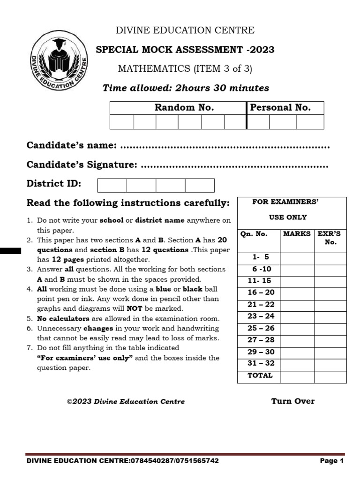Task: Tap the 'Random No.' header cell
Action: [x=178, y=108]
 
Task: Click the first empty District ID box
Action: [x=112, y=185]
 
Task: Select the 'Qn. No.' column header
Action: [x=254, y=233]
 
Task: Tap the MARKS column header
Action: [x=297, y=233]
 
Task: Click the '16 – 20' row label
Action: [x=261, y=292]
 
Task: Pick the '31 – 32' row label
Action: [x=261, y=363]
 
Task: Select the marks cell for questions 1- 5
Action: [x=297, y=257]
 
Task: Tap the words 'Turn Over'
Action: [x=292, y=401]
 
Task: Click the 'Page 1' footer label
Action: [x=332, y=461]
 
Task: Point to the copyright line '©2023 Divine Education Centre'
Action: [x=126, y=401]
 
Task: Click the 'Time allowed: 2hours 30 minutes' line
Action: [x=186, y=88]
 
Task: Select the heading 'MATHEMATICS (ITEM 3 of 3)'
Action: [x=185, y=69]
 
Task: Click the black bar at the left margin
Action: [x=10, y=251]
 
